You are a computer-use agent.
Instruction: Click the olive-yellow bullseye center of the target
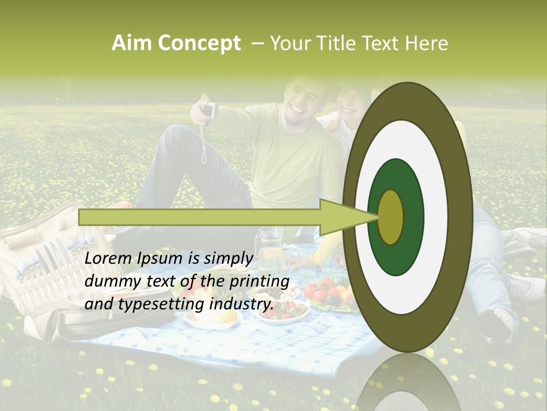(391, 217)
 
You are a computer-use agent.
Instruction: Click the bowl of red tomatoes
(325, 292)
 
